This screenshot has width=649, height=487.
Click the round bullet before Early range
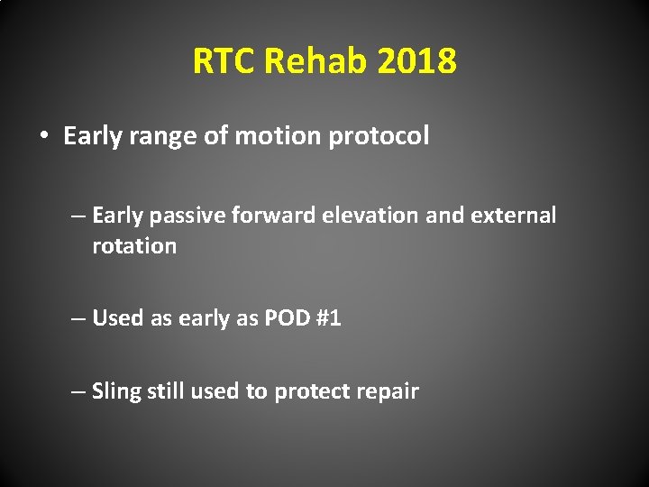[43, 137]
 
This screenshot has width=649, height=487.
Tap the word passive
[182, 216]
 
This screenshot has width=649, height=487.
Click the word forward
[263, 216]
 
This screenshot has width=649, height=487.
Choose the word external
[517, 216]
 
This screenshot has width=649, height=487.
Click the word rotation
[133, 246]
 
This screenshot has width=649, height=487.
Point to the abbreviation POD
[286, 318]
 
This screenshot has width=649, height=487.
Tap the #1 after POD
[327, 318]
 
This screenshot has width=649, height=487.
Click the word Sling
[114, 391]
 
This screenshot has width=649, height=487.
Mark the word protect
[310, 391]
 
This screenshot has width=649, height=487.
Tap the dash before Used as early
[79, 318]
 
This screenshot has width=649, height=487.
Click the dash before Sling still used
[79, 391]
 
